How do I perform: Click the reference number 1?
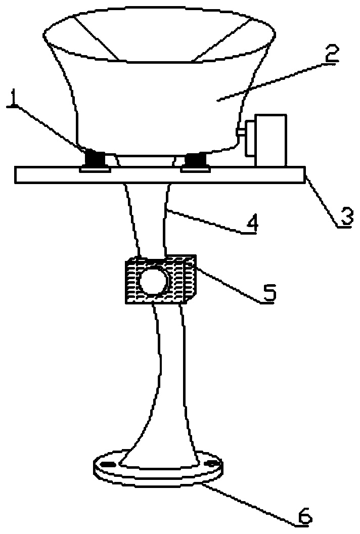point(13,98)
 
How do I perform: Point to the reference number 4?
point(251,224)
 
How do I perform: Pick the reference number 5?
point(268,292)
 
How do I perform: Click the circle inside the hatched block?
point(154,280)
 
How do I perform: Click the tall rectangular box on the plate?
point(271,140)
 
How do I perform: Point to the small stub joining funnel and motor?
point(241,132)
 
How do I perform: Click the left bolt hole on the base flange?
point(108,465)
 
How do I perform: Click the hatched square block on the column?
point(161,279)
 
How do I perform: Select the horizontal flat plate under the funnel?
point(160,175)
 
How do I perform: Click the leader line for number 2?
point(271,82)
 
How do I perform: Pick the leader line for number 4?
point(204,222)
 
